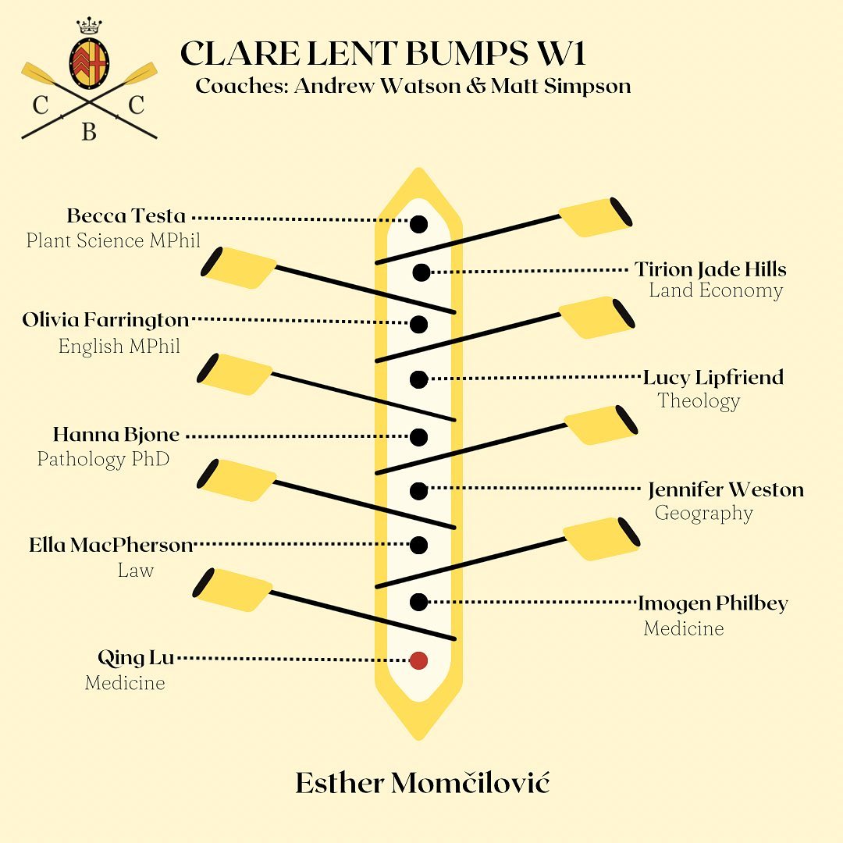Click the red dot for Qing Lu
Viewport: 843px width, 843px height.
click(x=419, y=660)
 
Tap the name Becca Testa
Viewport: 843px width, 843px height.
click(x=126, y=215)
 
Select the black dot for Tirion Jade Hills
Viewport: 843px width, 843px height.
click(x=421, y=272)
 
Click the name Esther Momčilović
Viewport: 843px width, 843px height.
click(x=422, y=782)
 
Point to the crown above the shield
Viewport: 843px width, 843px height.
click(x=89, y=25)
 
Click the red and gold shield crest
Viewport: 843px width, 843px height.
click(x=89, y=63)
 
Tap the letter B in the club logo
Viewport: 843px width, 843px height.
click(x=89, y=132)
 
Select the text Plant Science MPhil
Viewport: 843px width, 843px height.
click(x=113, y=240)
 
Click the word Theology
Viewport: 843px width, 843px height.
click(x=699, y=401)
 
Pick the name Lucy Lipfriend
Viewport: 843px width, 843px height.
click(x=713, y=378)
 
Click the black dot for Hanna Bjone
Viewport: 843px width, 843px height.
click(x=419, y=437)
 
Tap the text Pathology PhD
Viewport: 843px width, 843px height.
click(x=103, y=459)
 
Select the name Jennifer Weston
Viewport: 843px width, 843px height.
click(x=726, y=489)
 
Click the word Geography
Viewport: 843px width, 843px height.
click(x=704, y=514)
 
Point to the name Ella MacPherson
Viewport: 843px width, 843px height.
click(x=111, y=545)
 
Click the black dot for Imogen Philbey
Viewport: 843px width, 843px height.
click(x=419, y=602)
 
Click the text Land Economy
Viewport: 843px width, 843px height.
click(x=716, y=291)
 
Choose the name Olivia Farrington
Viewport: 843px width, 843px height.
click(x=106, y=321)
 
